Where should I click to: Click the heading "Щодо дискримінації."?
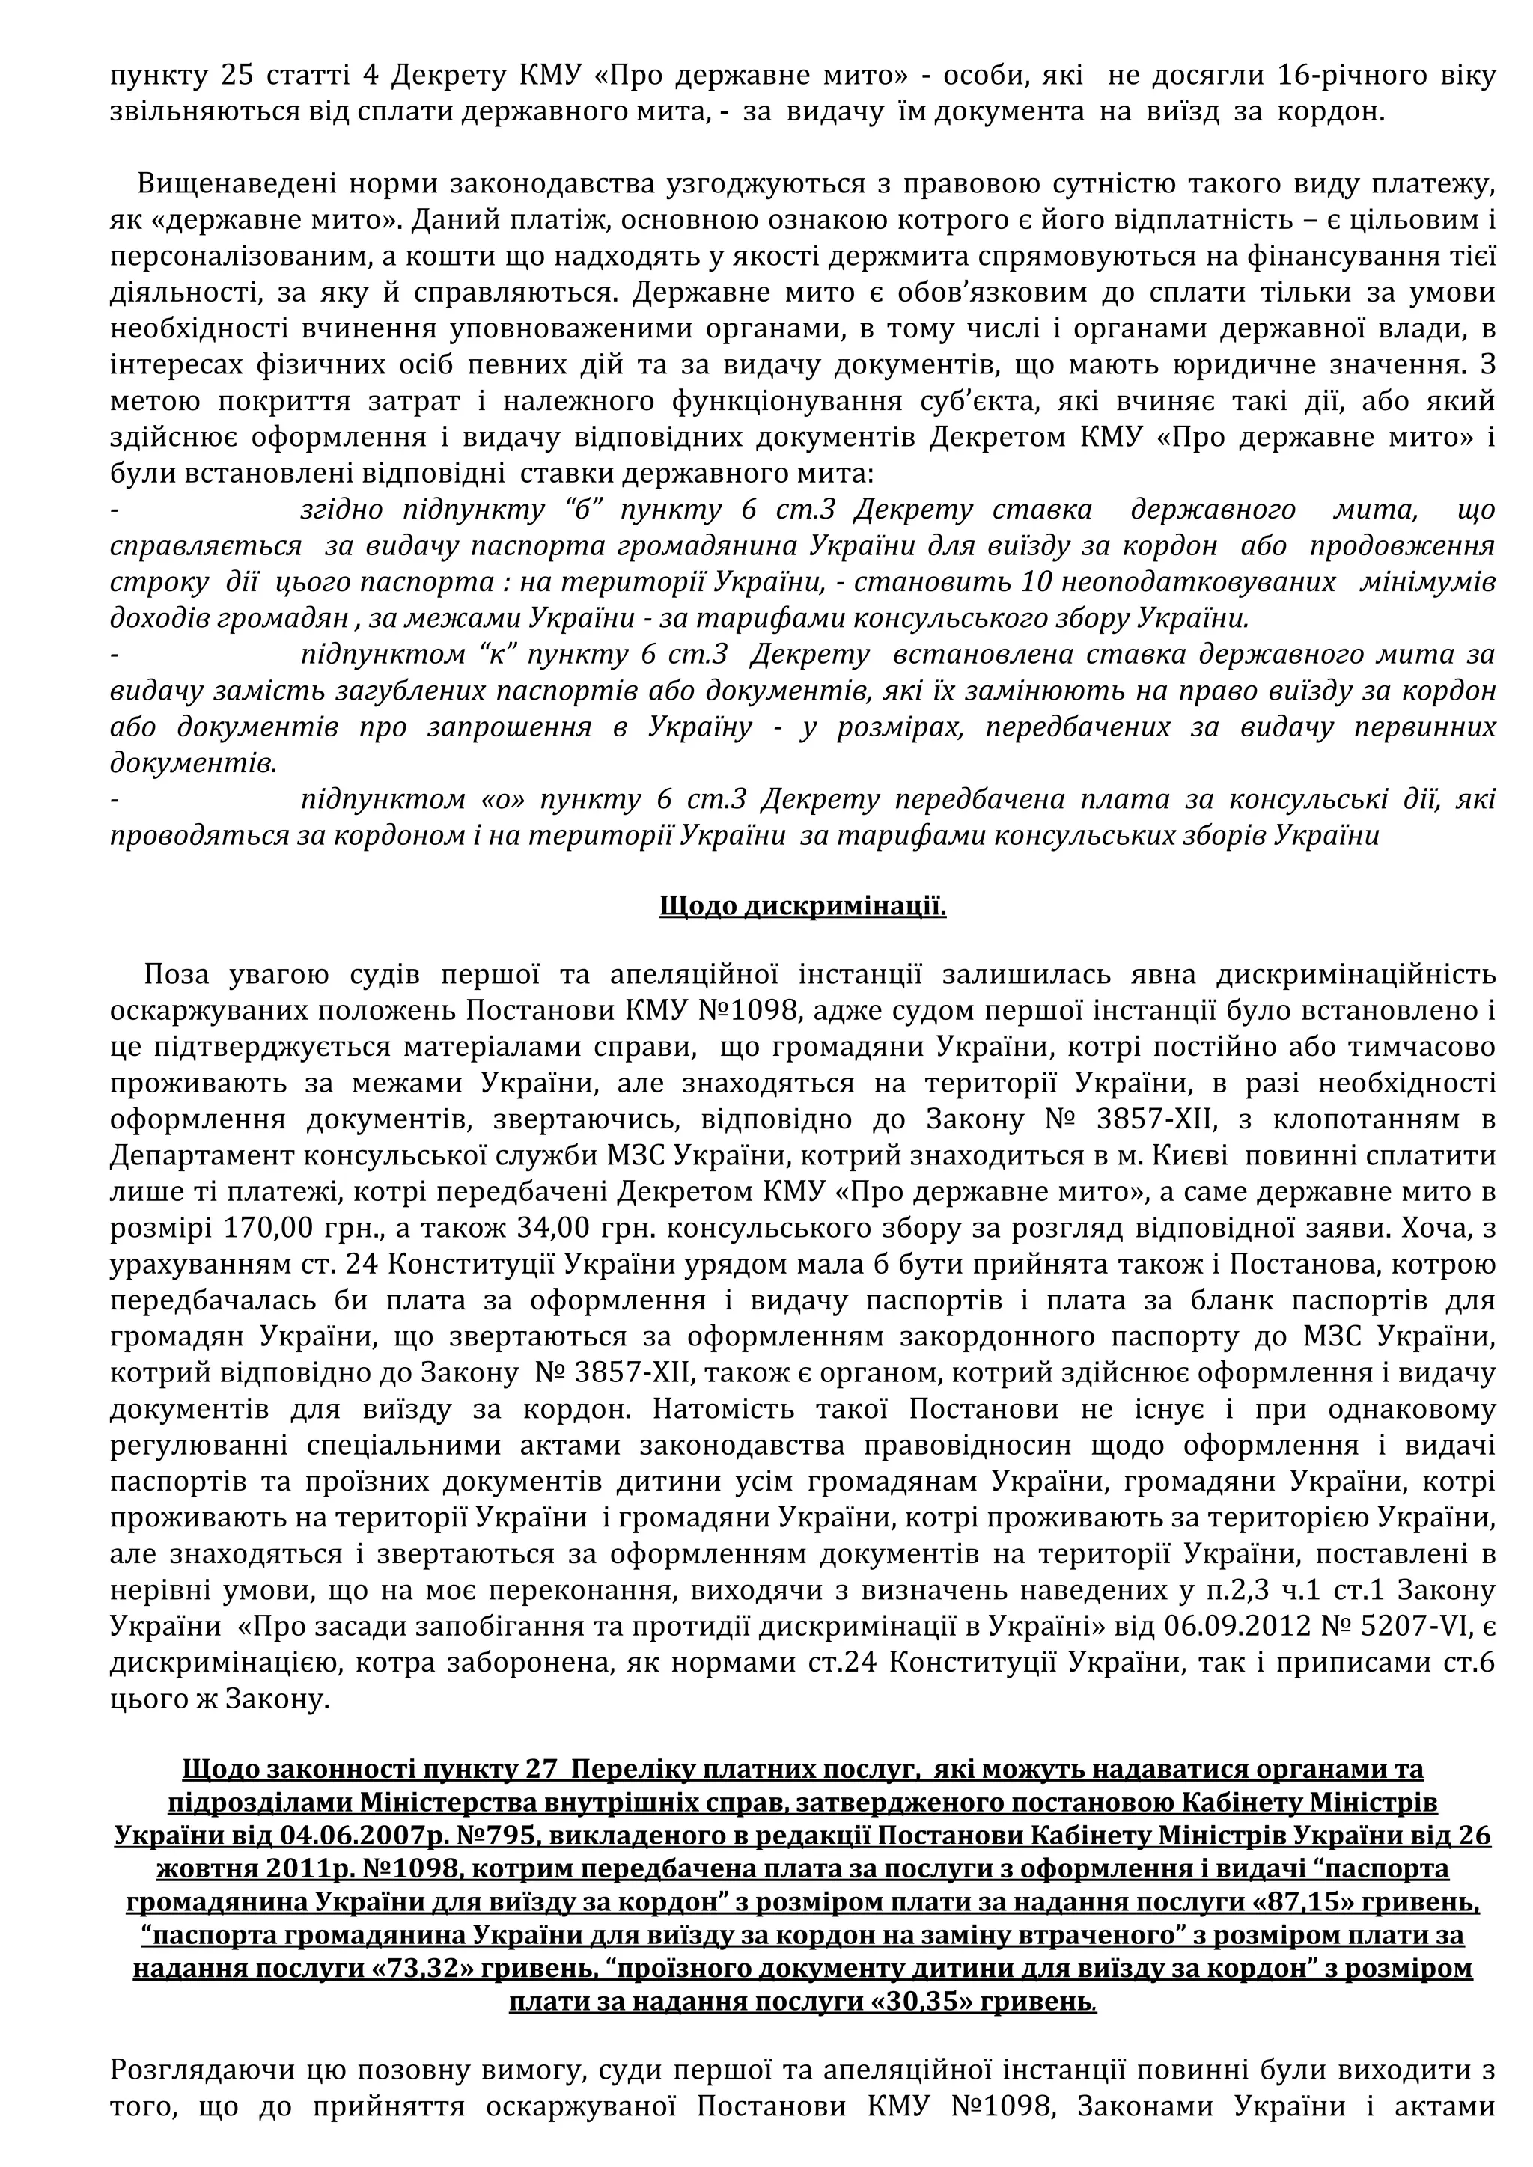click(x=802, y=907)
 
